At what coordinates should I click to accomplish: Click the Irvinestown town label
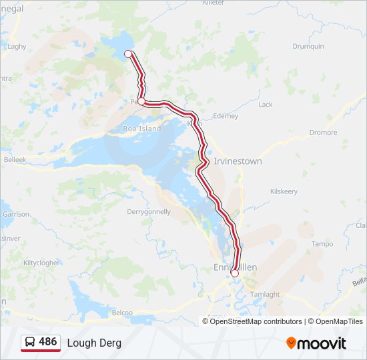tap(238, 161)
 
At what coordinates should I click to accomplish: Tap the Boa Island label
tap(142, 129)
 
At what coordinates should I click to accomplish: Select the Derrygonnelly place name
tap(149, 212)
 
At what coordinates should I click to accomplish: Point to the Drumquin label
tap(308, 46)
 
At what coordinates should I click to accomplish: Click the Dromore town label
tap(323, 133)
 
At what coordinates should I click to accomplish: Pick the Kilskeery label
tap(284, 191)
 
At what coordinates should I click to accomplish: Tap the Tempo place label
tap(322, 244)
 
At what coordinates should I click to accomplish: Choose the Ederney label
tap(225, 116)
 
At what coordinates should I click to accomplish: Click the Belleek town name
tap(15, 160)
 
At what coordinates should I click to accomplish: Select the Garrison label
tap(16, 215)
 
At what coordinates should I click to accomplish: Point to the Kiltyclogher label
tap(42, 263)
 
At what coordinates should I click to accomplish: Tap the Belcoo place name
tap(122, 312)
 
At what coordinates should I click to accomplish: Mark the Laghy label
tap(17, 47)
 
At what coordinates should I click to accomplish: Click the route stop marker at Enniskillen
tap(234, 273)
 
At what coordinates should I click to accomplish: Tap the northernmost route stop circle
tap(128, 54)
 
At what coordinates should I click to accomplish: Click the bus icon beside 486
tap(30, 343)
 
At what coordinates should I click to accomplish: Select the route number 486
tap(47, 342)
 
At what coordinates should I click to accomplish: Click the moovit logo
tap(316, 343)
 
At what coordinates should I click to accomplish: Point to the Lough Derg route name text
tap(94, 343)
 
